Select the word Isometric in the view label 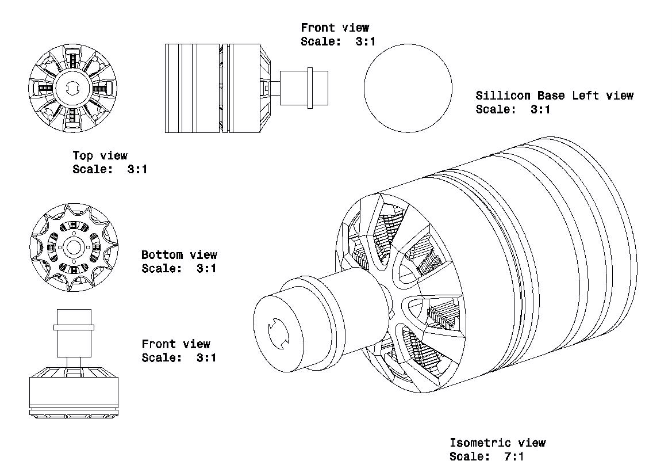point(480,443)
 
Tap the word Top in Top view point(83,155)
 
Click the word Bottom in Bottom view point(162,254)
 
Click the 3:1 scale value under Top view point(137,169)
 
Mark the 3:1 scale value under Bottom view point(206,268)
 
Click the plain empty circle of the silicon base point(408,87)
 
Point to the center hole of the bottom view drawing point(73,247)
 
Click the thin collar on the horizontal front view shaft point(310,87)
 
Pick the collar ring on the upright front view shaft point(74,327)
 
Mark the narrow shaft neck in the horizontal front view point(275,87)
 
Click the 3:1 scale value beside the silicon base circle point(540,109)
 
